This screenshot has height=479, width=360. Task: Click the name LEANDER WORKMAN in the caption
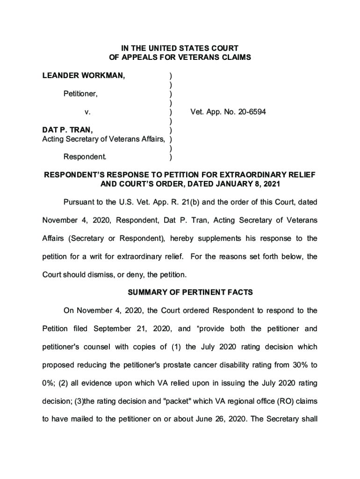click(84, 75)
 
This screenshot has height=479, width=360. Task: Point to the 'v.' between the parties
click(87, 112)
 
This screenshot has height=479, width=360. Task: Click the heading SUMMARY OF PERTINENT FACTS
click(190, 292)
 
